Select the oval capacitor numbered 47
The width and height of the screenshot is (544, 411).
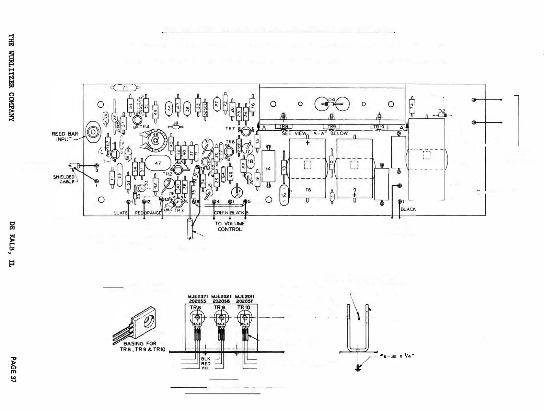[158, 163]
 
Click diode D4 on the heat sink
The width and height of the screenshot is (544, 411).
[332, 103]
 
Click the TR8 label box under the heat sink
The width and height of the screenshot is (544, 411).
[283, 127]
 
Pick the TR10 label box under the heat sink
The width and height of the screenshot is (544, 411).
[379, 127]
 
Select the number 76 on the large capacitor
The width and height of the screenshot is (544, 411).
[308, 190]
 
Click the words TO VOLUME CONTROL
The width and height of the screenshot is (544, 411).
[230, 226]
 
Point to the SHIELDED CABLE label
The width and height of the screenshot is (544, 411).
[64, 179]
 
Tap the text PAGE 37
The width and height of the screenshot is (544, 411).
[13, 369]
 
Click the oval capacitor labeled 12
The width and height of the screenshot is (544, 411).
[284, 195]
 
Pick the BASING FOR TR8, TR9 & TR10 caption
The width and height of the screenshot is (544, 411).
[142, 347]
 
